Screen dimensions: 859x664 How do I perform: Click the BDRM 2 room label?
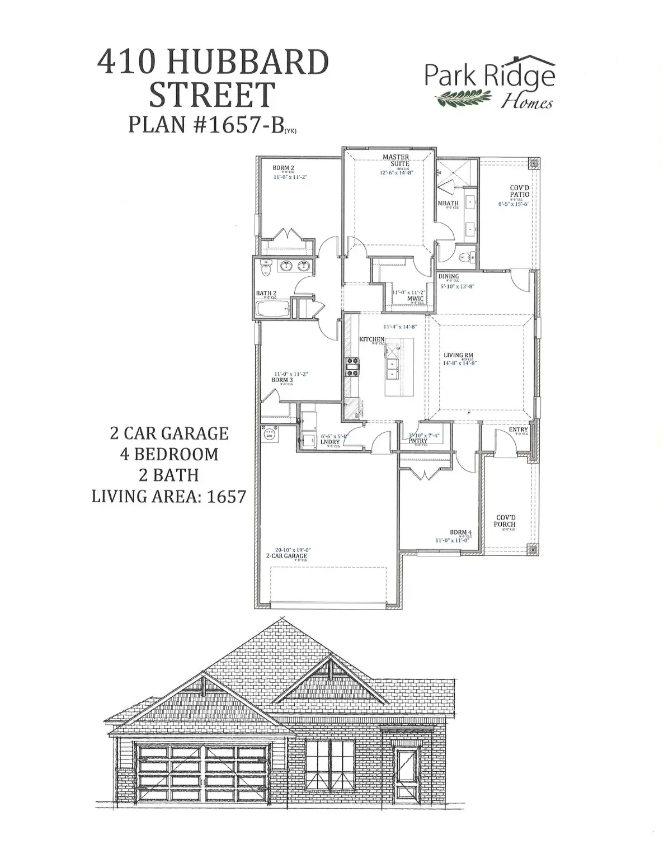[x=283, y=168]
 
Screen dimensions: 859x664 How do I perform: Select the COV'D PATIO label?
[x=519, y=191]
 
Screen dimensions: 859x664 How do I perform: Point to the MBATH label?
[x=448, y=204]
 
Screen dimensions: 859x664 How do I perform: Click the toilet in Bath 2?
[x=266, y=269]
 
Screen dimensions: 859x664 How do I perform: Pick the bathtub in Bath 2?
[x=271, y=308]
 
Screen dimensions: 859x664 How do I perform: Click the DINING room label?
[x=448, y=276]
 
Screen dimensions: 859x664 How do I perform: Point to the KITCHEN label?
[x=371, y=339]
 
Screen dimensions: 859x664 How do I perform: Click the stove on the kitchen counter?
[x=352, y=367]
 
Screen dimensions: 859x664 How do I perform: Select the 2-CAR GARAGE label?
[x=286, y=556]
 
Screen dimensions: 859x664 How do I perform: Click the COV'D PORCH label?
[x=505, y=521]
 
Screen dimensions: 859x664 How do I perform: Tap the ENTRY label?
[x=518, y=430]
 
